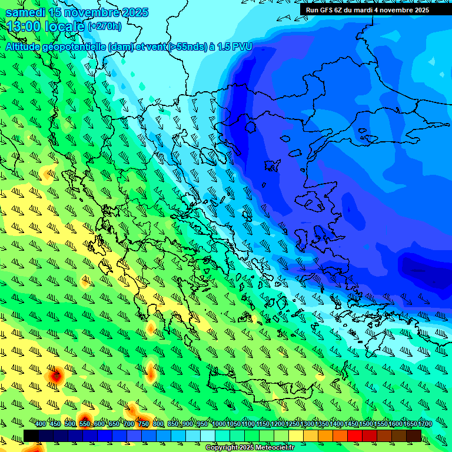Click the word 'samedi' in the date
click(26, 12)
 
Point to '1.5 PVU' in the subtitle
click(235, 47)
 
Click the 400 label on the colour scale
click(41, 424)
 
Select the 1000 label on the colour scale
click(218, 424)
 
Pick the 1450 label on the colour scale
click(352, 424)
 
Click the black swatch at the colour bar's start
click(31, 436)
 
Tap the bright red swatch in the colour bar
click(355, 436)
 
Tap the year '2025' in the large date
click(131, 12)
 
